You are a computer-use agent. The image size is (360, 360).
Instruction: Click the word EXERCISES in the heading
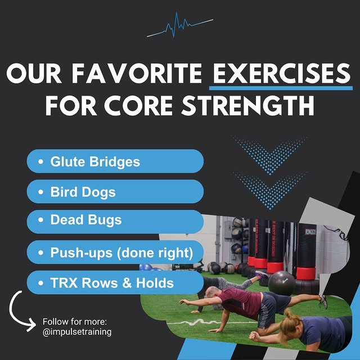tap(280, 73)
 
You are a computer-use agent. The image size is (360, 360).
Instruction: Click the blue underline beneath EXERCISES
tap(280, 87)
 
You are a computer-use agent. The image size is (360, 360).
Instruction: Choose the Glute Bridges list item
tap(115, 162)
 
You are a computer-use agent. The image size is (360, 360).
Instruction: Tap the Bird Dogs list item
tap(115, 192)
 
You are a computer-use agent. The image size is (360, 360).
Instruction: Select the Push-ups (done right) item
tap(115, 253)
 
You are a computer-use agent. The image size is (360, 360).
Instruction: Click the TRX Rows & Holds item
tap(115, 283)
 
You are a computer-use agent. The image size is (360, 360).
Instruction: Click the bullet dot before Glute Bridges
tap(41, 162)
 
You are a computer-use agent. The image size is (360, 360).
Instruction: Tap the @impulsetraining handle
tap(77, 332)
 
